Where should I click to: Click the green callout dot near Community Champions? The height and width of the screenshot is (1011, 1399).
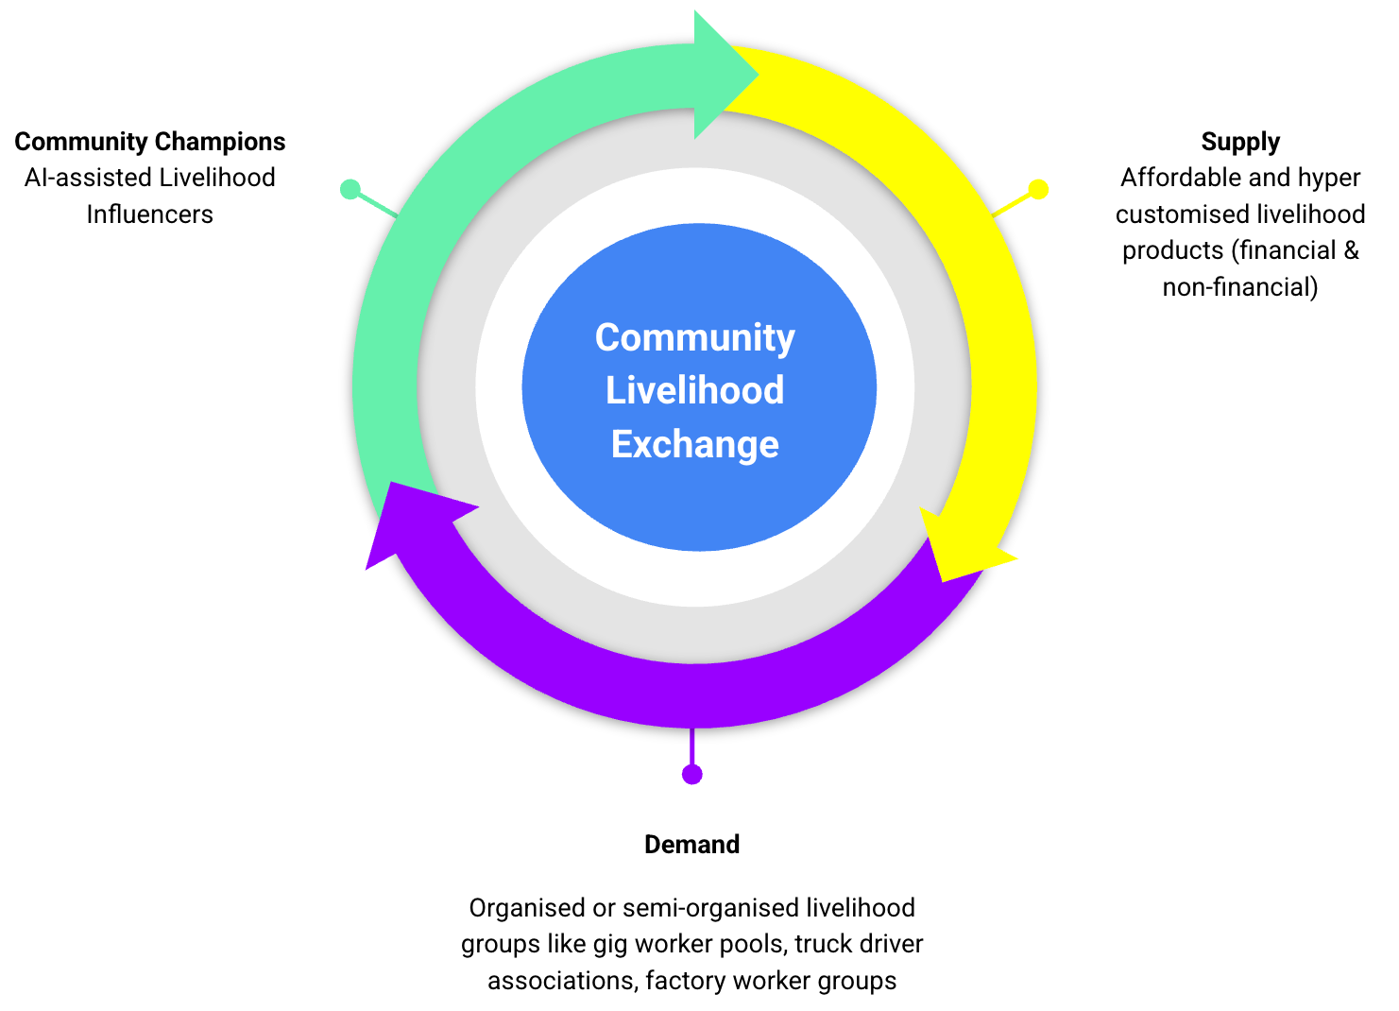point(350,189)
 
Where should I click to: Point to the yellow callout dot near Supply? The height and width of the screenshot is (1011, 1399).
point(1038,189)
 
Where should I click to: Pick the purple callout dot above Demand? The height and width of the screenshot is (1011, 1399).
point(692,775)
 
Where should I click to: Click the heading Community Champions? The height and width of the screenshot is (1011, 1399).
point(150,142)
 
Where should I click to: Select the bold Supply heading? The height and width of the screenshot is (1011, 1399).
point(1240,142)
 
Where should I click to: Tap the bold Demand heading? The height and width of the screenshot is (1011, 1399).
point(691,845)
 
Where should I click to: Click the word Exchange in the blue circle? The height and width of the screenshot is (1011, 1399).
point(695,444)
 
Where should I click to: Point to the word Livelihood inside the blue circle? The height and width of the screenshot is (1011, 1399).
point(695,390)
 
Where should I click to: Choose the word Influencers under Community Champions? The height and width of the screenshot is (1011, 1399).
point(150,214)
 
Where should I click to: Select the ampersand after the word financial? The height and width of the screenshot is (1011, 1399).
point(1352,250)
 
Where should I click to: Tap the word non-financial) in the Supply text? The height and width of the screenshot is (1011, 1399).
point(1240,287)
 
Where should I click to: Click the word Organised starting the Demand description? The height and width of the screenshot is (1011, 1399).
point(526,908)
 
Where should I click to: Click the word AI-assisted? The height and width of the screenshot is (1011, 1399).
point(88,178)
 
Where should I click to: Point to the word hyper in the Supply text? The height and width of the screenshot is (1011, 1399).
point(1329,179)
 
